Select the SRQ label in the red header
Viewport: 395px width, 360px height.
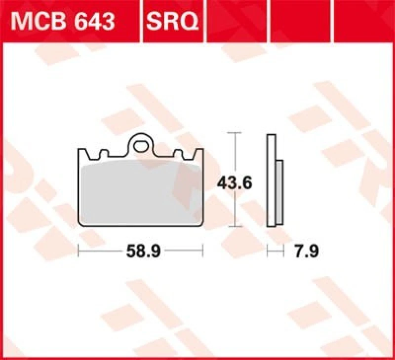pos(171,22)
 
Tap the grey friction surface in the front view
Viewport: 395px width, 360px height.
pos(140,192)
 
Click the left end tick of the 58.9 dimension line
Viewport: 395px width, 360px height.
pos(79,252)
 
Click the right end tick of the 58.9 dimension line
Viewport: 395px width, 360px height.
pos(202,252)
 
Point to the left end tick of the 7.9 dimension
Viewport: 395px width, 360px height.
pos(267,252)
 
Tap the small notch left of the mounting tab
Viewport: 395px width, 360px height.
pos(103,155)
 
